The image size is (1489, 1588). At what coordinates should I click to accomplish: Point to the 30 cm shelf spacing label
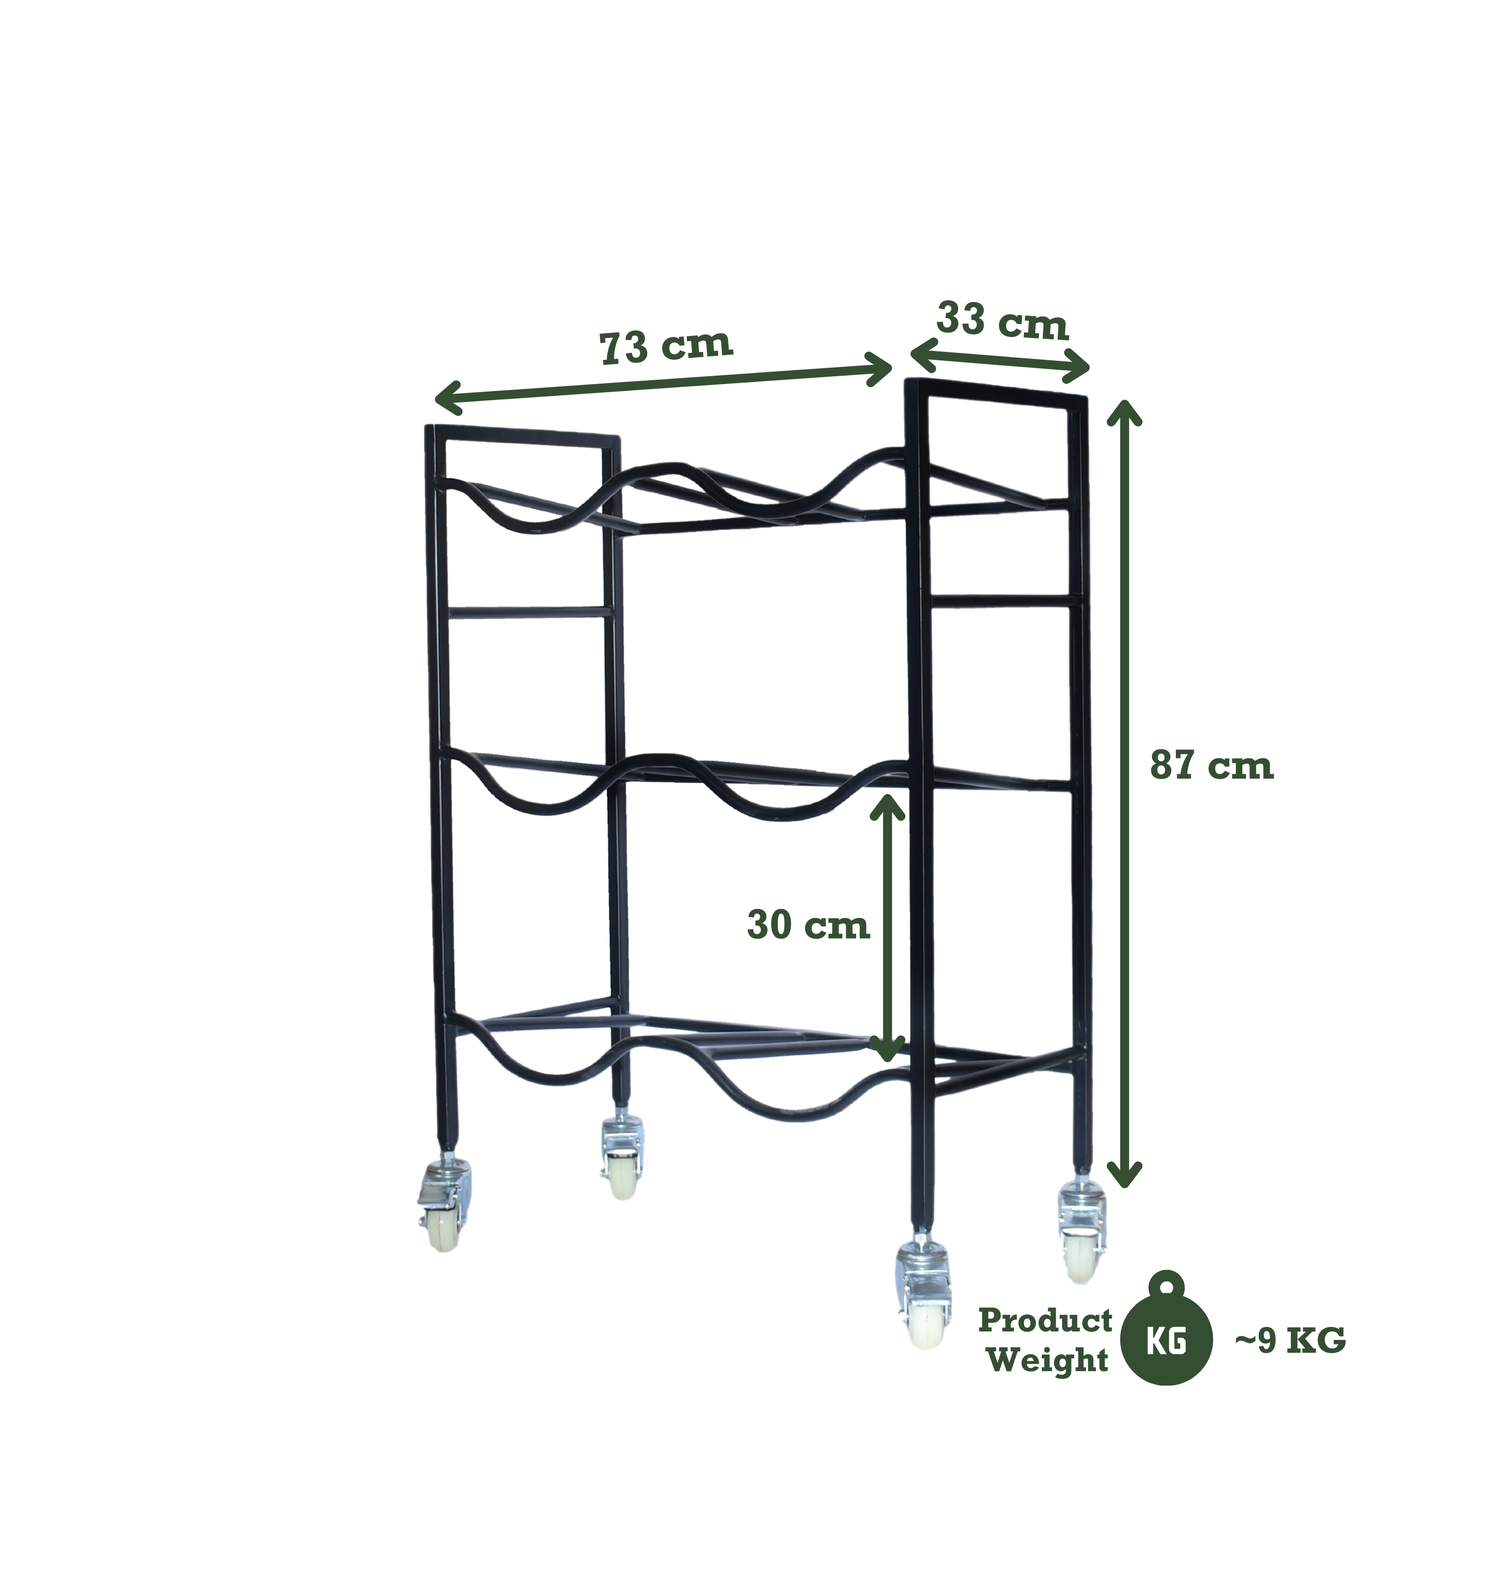(808, 926)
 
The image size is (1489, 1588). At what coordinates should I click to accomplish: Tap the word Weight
(1048, 1360)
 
